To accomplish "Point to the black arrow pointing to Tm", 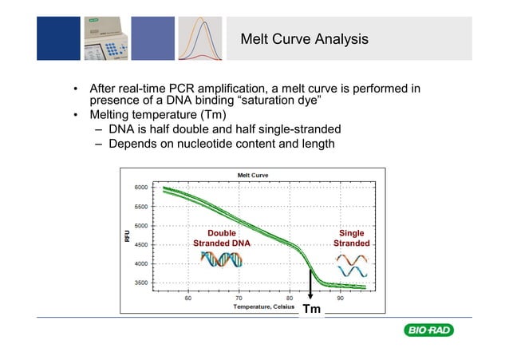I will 310,283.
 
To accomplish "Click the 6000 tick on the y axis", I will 140,188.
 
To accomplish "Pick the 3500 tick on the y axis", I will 140,283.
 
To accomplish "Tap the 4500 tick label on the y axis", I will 140,245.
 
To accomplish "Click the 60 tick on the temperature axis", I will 188,299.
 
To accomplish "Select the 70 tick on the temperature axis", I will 239,299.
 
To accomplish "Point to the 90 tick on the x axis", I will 340,299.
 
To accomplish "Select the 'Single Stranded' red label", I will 352,239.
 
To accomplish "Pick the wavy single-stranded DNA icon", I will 352,265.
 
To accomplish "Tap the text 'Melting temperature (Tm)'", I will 159,116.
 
